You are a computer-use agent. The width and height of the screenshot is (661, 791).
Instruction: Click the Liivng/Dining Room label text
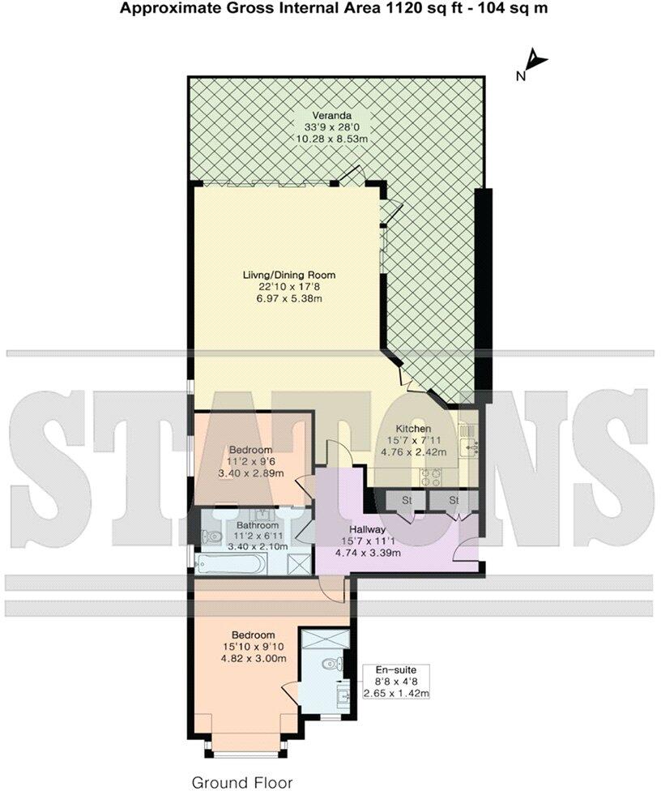[289, 276]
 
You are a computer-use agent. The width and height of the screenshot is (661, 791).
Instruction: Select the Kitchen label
[412, 429]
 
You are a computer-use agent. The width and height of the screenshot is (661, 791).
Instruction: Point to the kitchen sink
[469, 443]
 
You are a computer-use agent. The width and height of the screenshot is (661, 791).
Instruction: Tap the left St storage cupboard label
[407, 500]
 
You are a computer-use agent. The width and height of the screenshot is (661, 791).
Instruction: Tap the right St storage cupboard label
[454, 500]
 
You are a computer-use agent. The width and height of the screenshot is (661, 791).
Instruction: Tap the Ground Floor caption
[241, 782]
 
